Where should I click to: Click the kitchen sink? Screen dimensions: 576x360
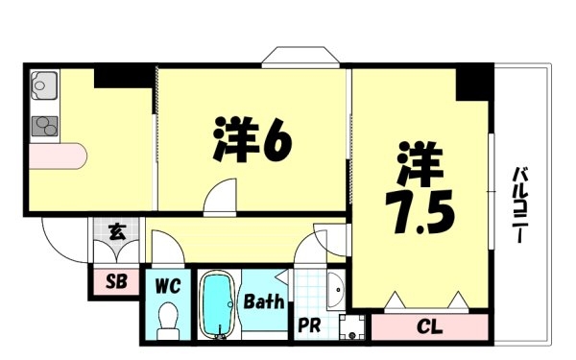(x=44, y=85)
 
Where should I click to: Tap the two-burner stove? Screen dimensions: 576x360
(x=44, y=126)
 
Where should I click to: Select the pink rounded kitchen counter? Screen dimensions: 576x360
(x=58, y=156)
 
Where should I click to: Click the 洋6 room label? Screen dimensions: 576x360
(x=252, y=139)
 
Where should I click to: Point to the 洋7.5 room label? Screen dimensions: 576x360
(x=420, y=187)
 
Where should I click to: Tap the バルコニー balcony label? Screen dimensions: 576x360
(x=520, y=204)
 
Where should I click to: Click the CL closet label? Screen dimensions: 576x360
(x=430, y=326)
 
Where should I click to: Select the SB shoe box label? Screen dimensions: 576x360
(x=116, y=281)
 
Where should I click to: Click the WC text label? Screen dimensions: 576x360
(x=168, y=286)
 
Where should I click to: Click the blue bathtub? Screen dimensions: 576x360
(x=219, y=304)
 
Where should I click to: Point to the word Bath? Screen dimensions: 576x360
(x=264, y=301)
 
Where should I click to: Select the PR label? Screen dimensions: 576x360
(x=309, y=325)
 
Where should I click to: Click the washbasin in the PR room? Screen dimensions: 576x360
(x=336, y=290)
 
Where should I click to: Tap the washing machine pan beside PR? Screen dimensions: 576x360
(x=352, y=327)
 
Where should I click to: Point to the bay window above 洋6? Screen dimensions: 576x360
(x=300, y=58)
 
